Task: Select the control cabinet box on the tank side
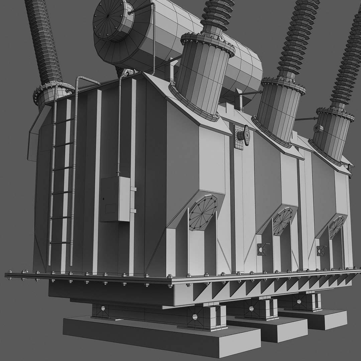tap(115, 199)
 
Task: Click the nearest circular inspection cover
tap(203, 213)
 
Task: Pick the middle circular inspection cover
tap(282, 221)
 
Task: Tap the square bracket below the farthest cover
tap(321, 250)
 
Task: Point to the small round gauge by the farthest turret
tap(318, 128)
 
